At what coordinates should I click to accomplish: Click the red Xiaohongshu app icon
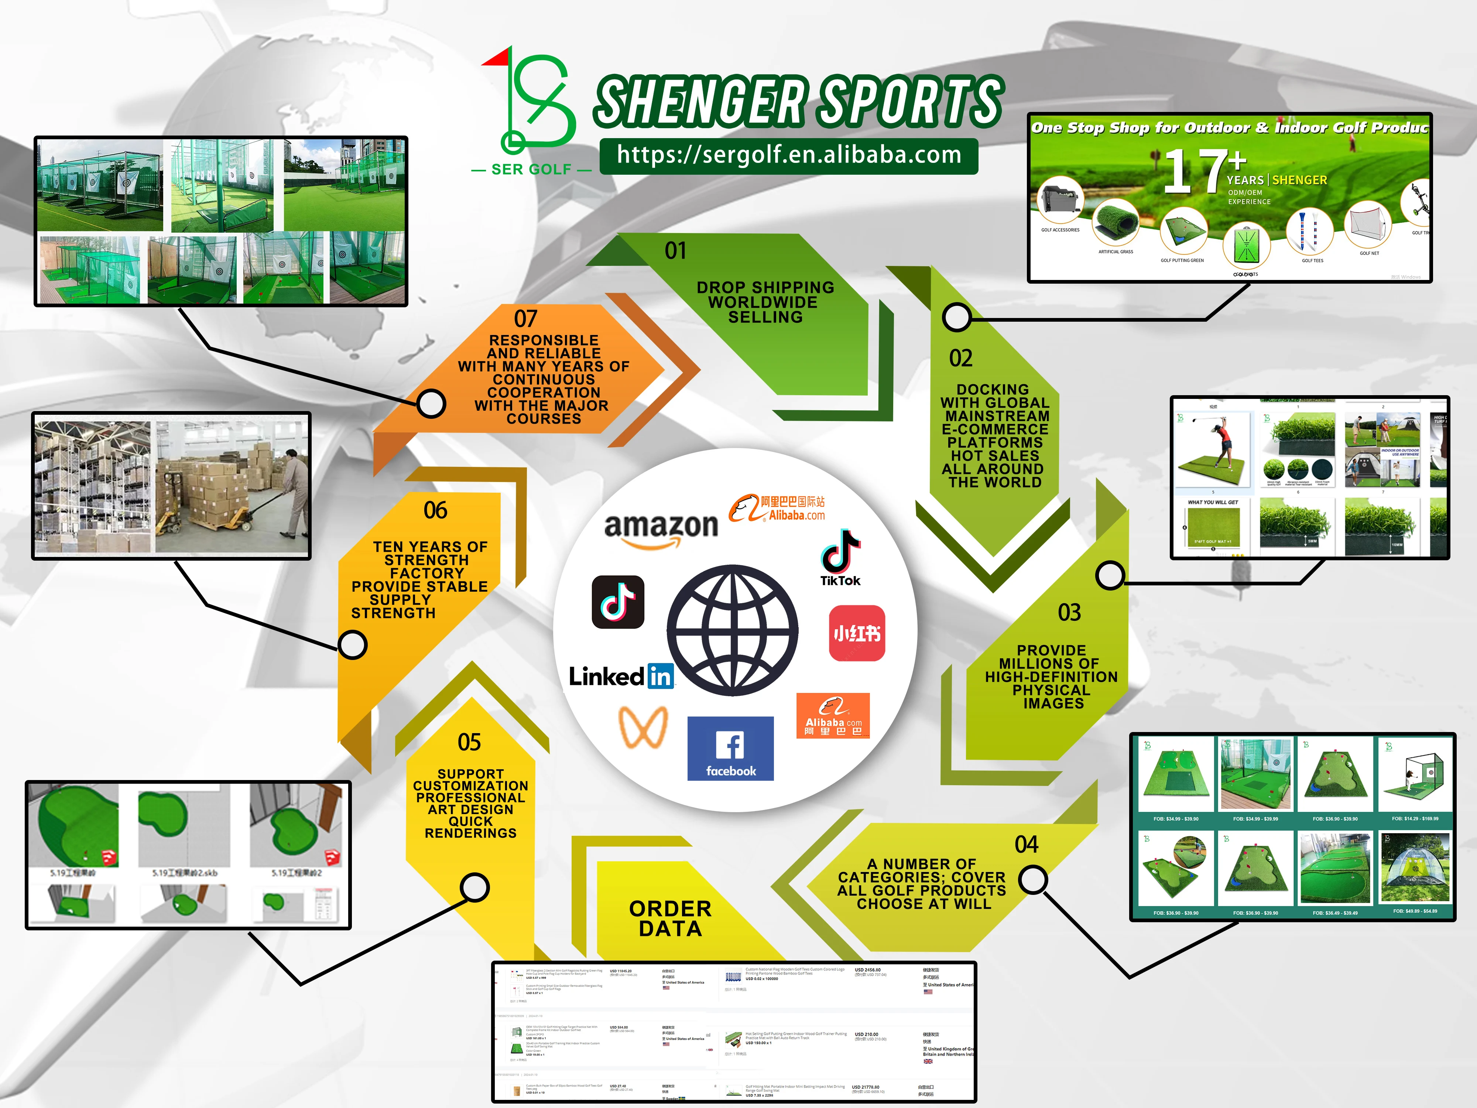point(857,633)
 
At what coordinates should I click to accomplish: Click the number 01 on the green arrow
point(675,251)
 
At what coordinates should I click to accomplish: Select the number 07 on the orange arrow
point(525,319)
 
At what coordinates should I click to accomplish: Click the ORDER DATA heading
point(671,918)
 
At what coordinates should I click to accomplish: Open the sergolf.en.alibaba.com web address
point(789,155)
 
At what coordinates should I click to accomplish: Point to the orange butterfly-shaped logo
point(643,727)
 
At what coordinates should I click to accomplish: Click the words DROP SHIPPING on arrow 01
point(765,287)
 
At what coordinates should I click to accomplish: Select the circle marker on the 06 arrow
point(353,645)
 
